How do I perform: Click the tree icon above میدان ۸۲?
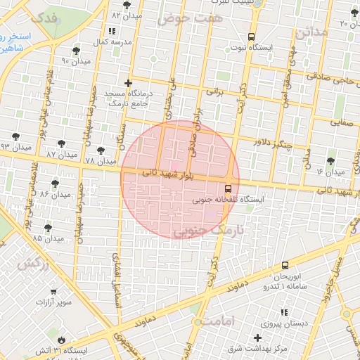point(127,5)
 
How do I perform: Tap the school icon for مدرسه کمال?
point(112,32)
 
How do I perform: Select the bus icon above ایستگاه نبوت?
point(251,37)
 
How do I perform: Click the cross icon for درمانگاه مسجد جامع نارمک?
point(127,83)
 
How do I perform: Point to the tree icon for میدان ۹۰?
point(76,51)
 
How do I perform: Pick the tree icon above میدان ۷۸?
point(99,149)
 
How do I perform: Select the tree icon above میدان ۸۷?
point(53,143)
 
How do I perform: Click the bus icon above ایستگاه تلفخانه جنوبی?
point(227,188)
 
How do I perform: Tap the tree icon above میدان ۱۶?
point(330,160)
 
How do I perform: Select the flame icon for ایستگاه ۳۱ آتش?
point(60,338)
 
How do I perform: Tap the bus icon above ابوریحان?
point(285,266)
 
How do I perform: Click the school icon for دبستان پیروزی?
point(284,312)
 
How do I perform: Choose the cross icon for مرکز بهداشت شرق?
point(257,337)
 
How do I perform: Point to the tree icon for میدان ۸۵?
point(48,227)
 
